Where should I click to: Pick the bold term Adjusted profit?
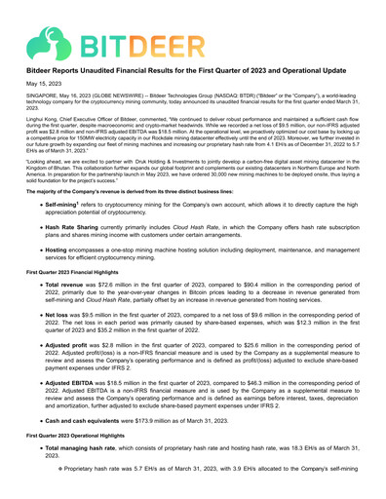pos(71,371)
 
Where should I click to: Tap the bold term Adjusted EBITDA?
pos(74,413)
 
